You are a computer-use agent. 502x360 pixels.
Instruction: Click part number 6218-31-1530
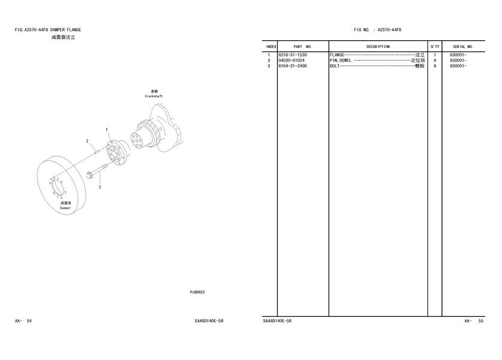tap(292, 55)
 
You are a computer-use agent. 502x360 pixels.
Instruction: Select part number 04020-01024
tap(291, 61)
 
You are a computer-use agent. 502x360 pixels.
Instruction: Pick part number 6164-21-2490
tap(292, 66)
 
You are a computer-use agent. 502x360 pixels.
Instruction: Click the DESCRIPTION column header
tap(378, 47)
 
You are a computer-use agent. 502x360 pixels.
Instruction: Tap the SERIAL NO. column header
tap(462, 47)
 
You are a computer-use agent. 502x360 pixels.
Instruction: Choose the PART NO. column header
tap(302, 47)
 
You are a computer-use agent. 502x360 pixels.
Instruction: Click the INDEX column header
tap(271, 47)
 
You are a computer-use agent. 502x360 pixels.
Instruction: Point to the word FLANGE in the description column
tap(337, 55)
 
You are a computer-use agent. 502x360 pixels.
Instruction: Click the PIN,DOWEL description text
tap(341, 61)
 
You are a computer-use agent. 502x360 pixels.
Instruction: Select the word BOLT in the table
tap(335, 66)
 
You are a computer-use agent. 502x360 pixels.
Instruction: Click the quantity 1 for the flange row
tap(435, 55)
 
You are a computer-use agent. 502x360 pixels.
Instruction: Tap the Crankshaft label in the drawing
tap(154, 96)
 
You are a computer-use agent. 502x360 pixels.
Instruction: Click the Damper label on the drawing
tap(65, 208)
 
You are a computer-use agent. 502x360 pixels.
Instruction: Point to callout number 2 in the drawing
tap(87, 141)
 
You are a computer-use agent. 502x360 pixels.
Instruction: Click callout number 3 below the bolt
tap(100, 187)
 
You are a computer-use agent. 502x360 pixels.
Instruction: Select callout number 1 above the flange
tap(107, 130)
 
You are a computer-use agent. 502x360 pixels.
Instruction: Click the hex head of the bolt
tap(89, 175)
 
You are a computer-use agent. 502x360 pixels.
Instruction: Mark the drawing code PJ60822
tap(197, 292)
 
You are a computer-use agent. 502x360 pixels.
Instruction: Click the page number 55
tap(481, 321)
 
